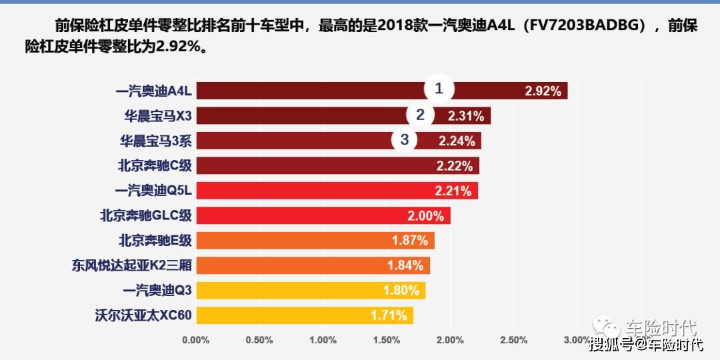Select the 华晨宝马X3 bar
(x=300, y=116)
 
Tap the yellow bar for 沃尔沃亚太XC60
(x=280, y=315)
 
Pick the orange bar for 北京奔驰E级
(x=287, y=241)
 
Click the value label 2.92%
(x=543, y=91)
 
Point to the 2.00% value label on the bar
(x=425, y=216)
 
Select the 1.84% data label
(x=405, y=265)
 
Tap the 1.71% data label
(x=389, y=315)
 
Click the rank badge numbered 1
(x=439, y=89)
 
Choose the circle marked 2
(x=420, y=115)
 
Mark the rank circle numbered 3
(x=405, y=139)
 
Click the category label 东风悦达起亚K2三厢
(x=132, y=265)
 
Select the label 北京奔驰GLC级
(x=146, y=215)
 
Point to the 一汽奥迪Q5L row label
(x=153, y=191)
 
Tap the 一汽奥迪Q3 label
(x=157, y=291)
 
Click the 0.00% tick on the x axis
(x=195, y=340)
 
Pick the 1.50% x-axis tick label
(x=387, y=340)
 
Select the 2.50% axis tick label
(x=513, y=340)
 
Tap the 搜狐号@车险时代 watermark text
(x=646, y=345)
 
